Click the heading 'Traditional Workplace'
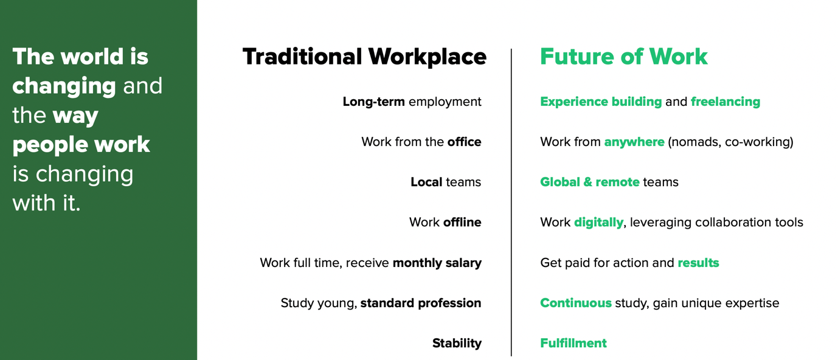point(364,57)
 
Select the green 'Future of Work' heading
point(624,57)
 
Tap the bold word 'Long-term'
point(374,102)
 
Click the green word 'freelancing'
point(725,102)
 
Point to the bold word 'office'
point(464,142)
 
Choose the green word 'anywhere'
point(634,142)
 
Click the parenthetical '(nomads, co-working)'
point(730,142)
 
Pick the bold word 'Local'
point(426,182)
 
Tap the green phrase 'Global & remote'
point(590,182)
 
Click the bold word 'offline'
point(462,223)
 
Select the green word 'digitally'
point(598,223)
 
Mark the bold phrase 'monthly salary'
point(437,263)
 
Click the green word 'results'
point(699,263)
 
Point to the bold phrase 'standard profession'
point(421,303)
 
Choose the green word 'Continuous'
point(576,303)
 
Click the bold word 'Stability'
point(457,343)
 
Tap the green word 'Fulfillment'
point(573,343)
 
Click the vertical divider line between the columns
point(511,202)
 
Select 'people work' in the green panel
point(81,145)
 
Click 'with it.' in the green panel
point(46,203)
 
